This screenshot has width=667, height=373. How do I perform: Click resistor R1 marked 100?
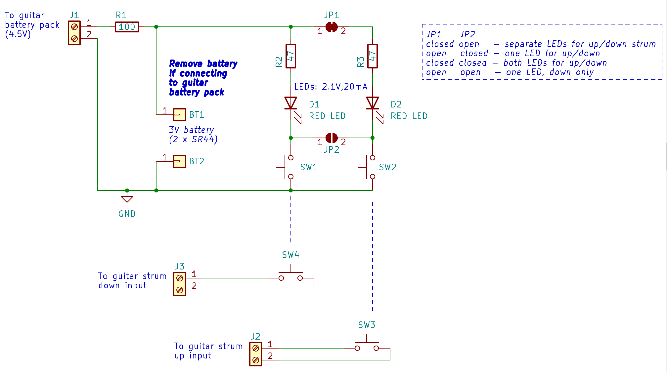[x=127, y=27]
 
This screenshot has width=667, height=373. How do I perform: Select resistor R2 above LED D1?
[x=291, y=56]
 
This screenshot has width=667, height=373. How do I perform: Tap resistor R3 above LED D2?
[x=373, y=56]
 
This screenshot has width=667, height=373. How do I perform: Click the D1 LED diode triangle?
[x=291, y=103]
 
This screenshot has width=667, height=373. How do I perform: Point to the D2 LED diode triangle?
[x=373, y=103]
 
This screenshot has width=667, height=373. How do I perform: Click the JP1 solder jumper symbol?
[x=332, y=27]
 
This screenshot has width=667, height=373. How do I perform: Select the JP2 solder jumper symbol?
[x=332, y=138]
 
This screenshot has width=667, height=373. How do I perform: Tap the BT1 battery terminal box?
[x=180, y=115]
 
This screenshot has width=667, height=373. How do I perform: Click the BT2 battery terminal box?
[x=180, y=161]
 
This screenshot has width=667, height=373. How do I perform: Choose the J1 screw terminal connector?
[x=74, y=33]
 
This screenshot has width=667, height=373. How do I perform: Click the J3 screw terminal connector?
[x=180, y=284]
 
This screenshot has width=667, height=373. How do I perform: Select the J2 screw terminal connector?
[x=255, y=354]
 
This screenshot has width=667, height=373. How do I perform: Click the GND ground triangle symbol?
[x=127, y=199]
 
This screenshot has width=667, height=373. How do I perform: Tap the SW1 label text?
[x=309, y=167]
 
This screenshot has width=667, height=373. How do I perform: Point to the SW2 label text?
[x=387, y=167]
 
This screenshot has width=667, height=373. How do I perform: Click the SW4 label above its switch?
[x=291, y=255]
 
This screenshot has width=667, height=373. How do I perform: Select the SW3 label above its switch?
[x=367, y=325]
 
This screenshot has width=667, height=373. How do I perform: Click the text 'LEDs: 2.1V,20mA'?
[x=331, y=87]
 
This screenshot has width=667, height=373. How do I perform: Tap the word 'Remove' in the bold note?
[x=186, y=63]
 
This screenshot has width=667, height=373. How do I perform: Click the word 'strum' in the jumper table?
[x=644, y=44]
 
